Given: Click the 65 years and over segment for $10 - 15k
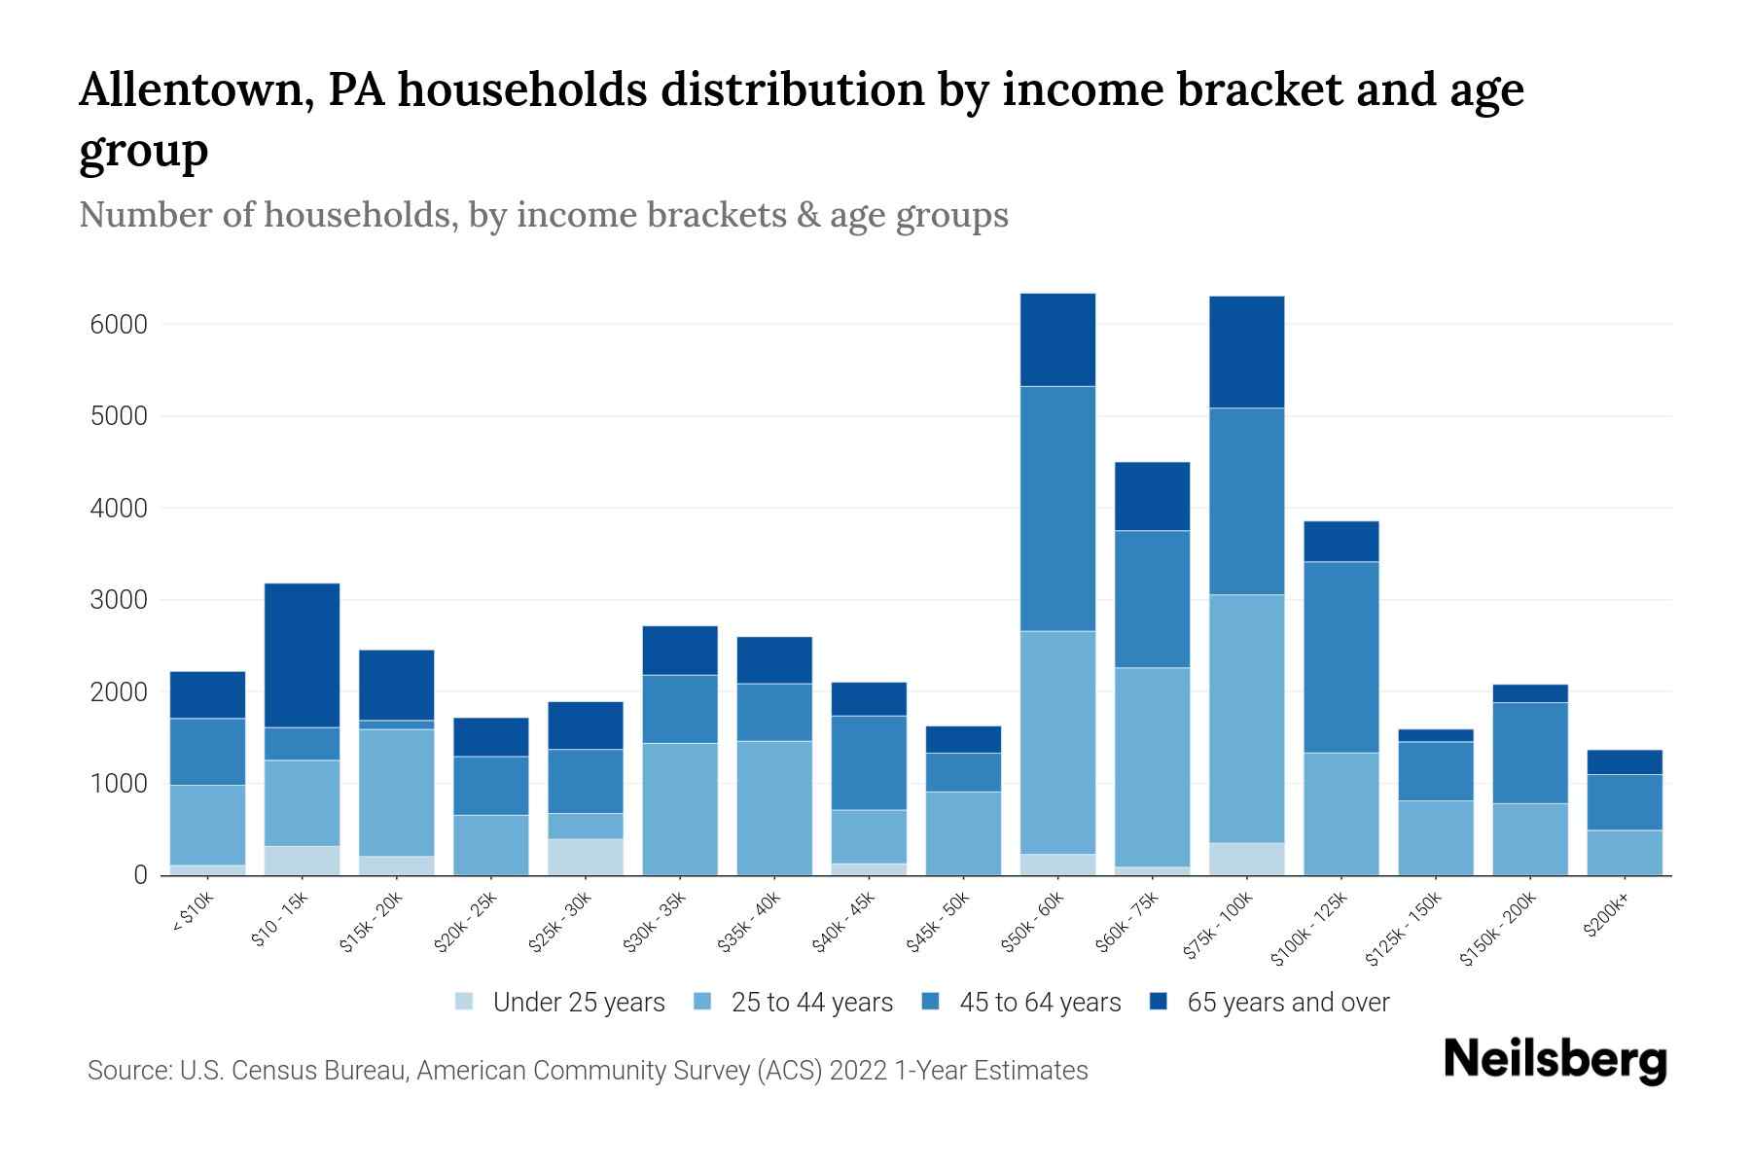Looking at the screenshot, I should (x=302, y=654).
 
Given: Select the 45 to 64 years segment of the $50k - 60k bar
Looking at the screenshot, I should (x=1057, y=508).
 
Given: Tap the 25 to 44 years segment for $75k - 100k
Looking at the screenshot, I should (x=1246, y=718).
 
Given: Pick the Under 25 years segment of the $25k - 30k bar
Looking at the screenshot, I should (x=586, y=856).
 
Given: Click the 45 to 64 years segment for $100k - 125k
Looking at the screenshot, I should (x=1340, y=656).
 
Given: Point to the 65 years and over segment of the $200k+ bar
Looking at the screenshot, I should (x=1624, y=761).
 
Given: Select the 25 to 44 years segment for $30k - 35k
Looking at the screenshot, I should (x=680, y=808).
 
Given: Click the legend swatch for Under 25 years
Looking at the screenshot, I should (x=465, y=1002).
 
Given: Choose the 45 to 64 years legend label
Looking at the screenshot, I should (x=1040, y=1002).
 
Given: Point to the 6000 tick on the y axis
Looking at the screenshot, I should (x=119, y=325).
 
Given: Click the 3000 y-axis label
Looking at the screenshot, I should (x=119, y=600).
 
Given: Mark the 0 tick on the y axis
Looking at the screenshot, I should (x=141, y=875).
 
